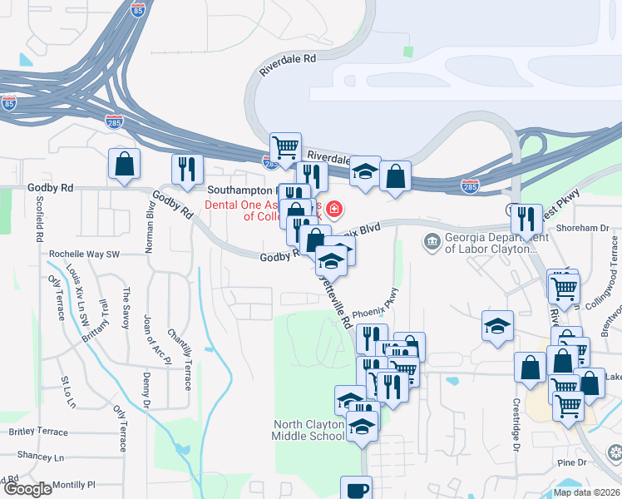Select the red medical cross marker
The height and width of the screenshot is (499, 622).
334,209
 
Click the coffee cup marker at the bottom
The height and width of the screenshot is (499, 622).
356,489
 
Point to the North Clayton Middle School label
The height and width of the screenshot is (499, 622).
309,430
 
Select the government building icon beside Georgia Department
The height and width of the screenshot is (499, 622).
432,243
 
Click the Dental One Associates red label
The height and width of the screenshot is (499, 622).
257,210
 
